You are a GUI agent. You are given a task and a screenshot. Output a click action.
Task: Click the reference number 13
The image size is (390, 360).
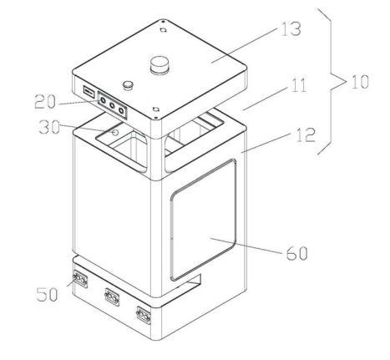291,28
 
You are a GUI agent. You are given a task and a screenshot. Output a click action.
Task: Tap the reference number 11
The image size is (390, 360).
298,85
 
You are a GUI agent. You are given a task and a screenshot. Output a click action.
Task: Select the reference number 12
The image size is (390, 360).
306,134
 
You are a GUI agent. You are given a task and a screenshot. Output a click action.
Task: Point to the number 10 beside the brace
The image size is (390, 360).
359,82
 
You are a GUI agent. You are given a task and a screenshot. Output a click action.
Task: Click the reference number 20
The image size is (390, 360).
45,101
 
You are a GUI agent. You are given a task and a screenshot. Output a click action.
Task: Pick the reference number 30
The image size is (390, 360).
49,127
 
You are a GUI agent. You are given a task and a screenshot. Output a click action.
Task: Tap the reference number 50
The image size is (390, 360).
47,294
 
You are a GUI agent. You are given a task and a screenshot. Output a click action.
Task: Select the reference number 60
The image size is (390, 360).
297,253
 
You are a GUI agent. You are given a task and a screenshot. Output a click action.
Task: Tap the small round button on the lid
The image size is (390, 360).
129,84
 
